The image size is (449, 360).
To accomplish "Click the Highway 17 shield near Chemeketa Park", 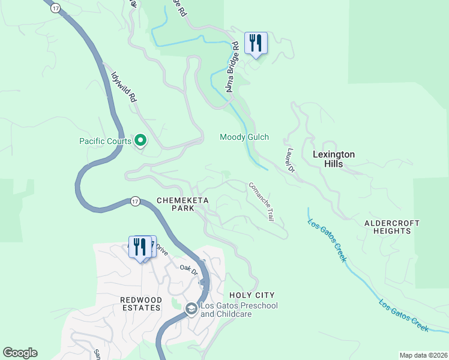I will (x=135, y=202).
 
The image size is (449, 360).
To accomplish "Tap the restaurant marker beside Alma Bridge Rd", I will (x=256, y=43).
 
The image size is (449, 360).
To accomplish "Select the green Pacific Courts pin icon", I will (x=140, y=141).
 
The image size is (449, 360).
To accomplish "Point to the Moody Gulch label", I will (x=244, y=137).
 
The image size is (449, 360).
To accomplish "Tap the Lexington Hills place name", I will (x=334, y=159).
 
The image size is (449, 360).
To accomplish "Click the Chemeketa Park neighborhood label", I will (x=176, y=204).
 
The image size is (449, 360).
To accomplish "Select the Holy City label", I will (x=252, y=295).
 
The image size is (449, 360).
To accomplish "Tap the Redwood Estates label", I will (x=140, y=304).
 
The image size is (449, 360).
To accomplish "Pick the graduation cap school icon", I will (x=191, y=309).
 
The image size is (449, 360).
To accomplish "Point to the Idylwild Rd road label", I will (x=123, y=88).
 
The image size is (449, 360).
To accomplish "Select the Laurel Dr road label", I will (x=289, y=161).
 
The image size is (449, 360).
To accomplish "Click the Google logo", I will (x=20, y=353).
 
